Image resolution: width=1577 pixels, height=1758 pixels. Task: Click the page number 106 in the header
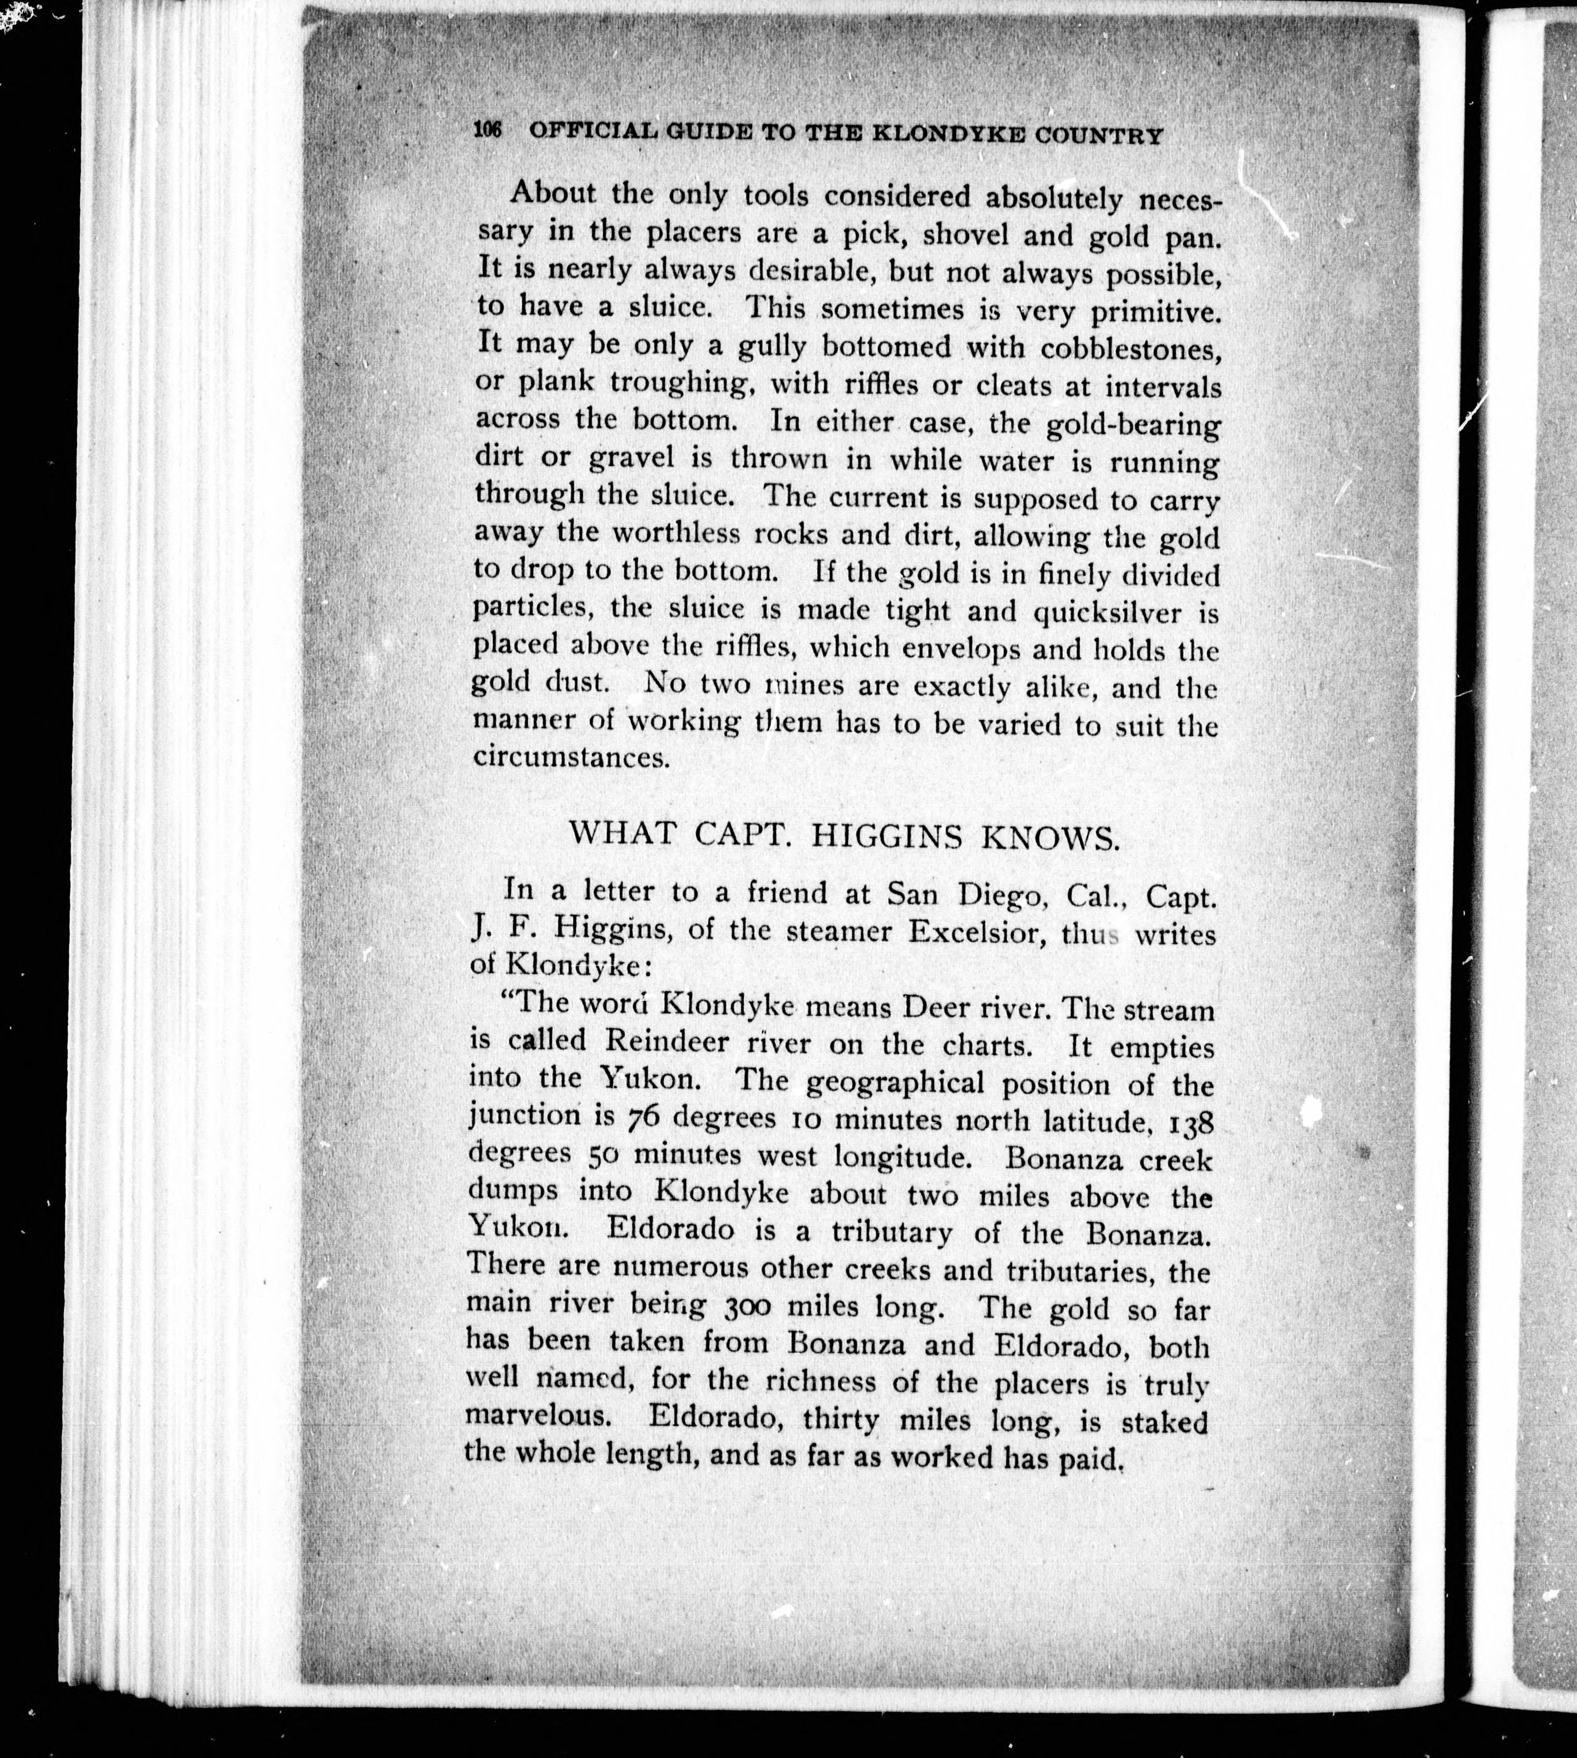[489, 131]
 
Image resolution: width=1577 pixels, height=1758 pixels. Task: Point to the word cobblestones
[1131, 349]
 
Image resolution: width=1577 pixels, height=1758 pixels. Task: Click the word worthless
[676, 532]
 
